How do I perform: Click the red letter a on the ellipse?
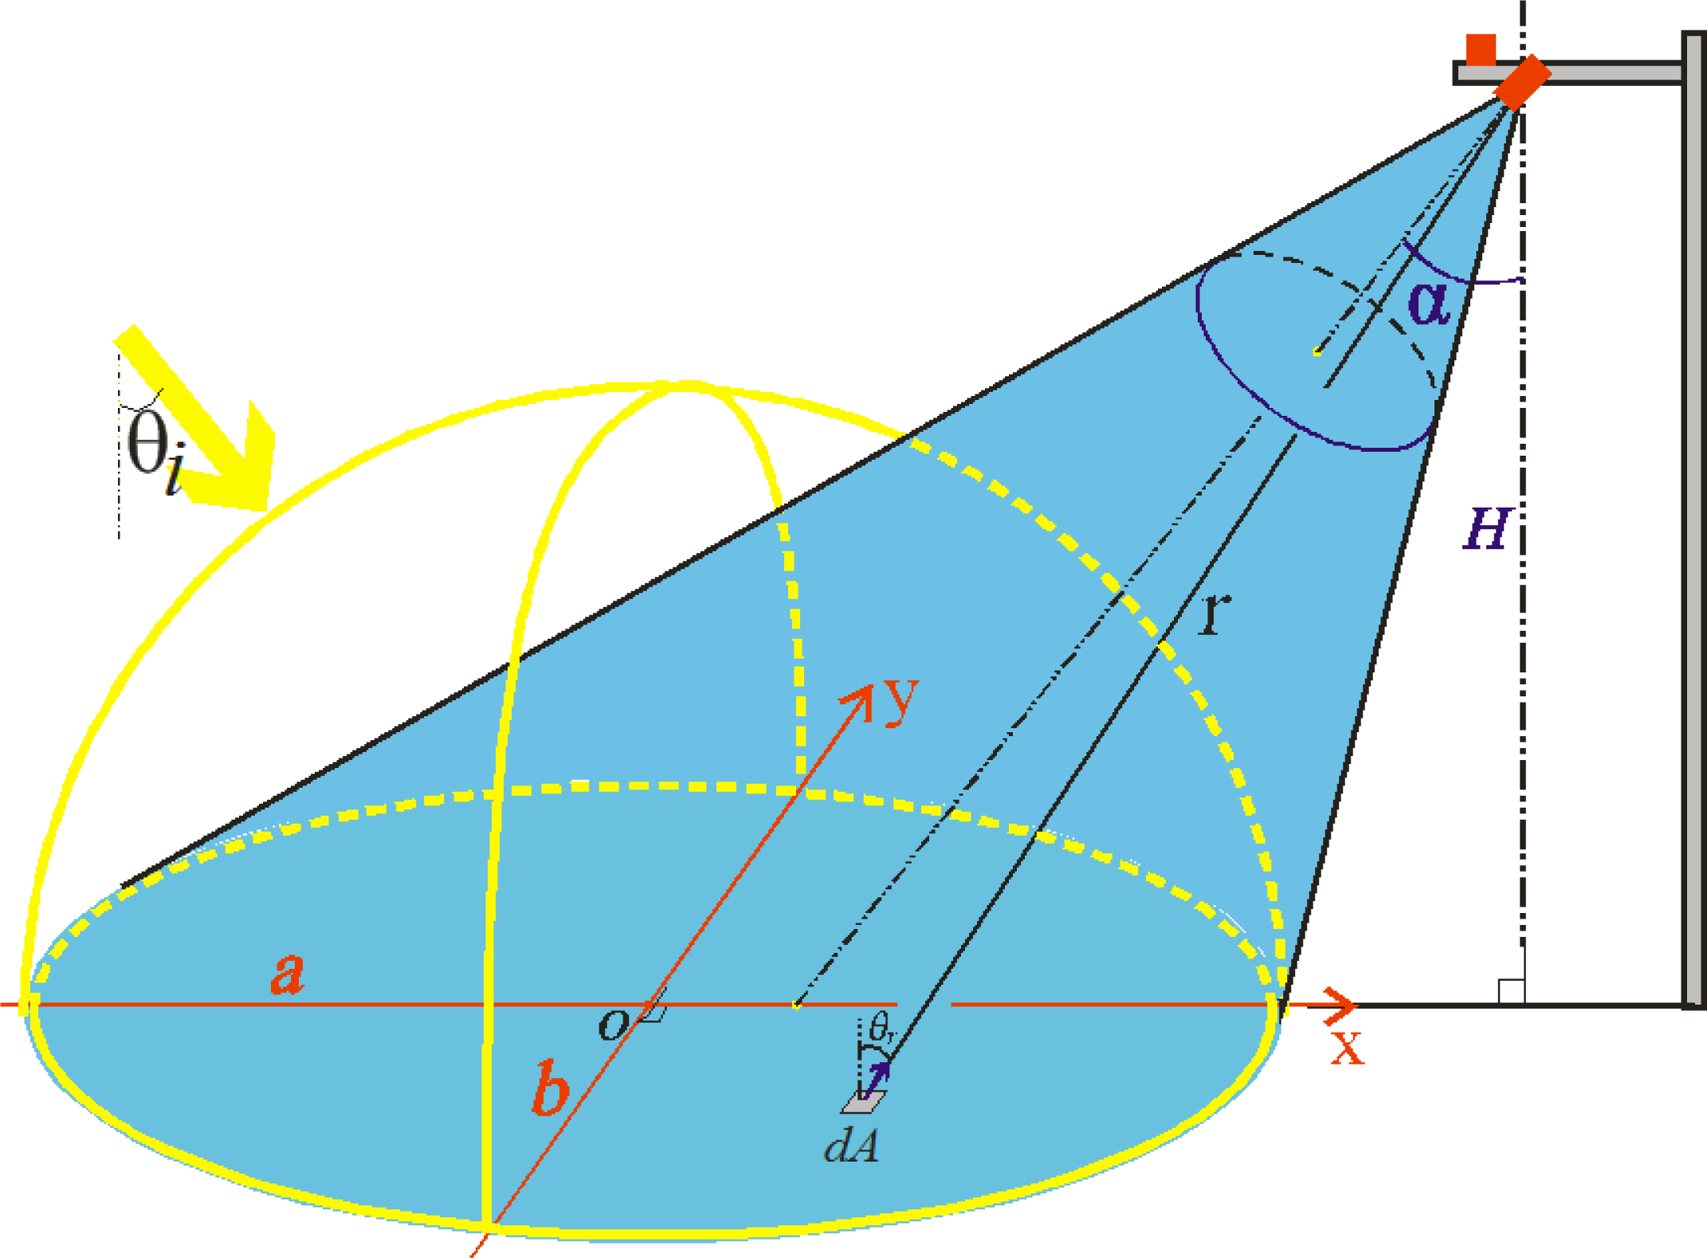[x=288, y=973]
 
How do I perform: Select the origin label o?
[x=613, y=1025]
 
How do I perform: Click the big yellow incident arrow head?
[x=239, y=470]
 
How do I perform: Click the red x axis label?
[x=1348, y=1048]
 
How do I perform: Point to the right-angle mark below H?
[x=1511, y=991]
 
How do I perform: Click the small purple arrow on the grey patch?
[x=877, y=1079]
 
